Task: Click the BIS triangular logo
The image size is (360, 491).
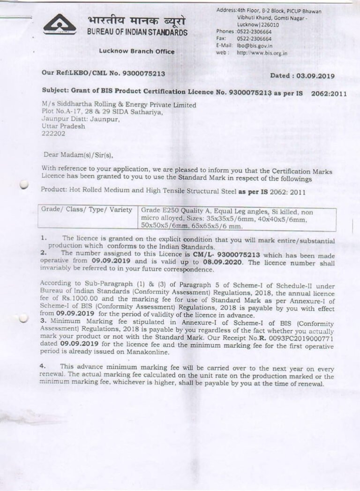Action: coord(60,24)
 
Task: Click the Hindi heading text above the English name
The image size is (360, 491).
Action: coord(136,22)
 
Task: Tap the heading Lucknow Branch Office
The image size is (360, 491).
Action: coord(137,52)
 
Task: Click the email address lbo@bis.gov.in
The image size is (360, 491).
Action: coord(253,45)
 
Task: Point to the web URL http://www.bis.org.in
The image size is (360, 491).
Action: coord(262,53)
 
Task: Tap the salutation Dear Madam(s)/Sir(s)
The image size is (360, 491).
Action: coord(78,154)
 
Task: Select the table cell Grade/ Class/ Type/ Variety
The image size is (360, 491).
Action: coord(87,210)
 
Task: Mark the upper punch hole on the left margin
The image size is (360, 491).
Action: coord(24,185)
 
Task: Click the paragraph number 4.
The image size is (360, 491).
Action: coord(43,366)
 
